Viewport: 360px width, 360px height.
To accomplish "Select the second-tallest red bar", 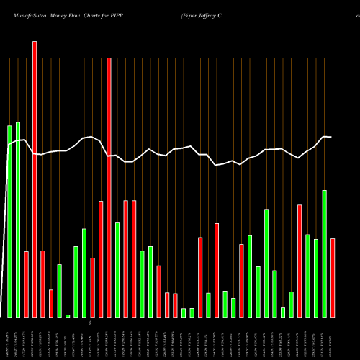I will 109,187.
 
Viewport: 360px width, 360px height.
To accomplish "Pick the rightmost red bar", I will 333,277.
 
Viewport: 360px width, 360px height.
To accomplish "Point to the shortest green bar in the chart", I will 68,315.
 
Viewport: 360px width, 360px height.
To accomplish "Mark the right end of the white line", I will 331,137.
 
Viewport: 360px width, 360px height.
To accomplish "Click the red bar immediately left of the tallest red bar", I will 27,284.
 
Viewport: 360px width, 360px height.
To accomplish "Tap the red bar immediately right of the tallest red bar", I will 43,284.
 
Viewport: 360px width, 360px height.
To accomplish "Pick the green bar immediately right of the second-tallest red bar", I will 117,269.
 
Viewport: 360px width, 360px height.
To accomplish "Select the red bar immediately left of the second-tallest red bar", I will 101,258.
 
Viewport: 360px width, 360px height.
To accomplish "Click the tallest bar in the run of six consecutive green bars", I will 266,263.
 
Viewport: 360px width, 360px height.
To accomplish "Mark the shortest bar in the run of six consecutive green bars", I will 283,312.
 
